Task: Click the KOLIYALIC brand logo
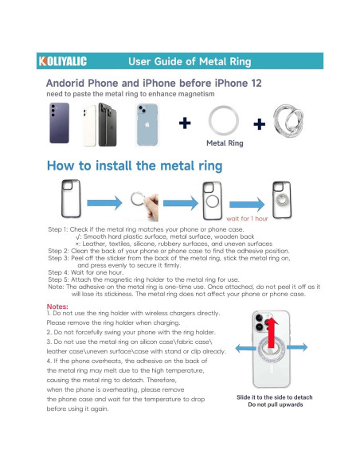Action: [x=63, y=61]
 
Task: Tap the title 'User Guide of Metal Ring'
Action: [x=190, y=61]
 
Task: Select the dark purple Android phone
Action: [x=59, y=123]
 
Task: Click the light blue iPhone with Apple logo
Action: [x=147, y=125]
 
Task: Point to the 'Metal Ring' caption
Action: [x=225, y=143]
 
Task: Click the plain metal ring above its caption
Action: [x=224, y=107]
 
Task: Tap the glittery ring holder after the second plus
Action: [x=288, y=121]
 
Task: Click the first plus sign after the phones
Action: [x=185, y=123]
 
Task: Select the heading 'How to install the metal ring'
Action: [x=135, y=166]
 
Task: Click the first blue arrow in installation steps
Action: [x=104, y=203]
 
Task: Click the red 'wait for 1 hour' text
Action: [x=247, y=218]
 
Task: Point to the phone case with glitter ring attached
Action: [x=282, y=200]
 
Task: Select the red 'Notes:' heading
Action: [x=57, y=307]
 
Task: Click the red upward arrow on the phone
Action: [x=272, y=333]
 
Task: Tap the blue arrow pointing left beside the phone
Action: [x=245, y=348]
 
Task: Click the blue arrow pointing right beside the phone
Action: [x=297, y=347]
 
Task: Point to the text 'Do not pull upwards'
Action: [x=276, y=404]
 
